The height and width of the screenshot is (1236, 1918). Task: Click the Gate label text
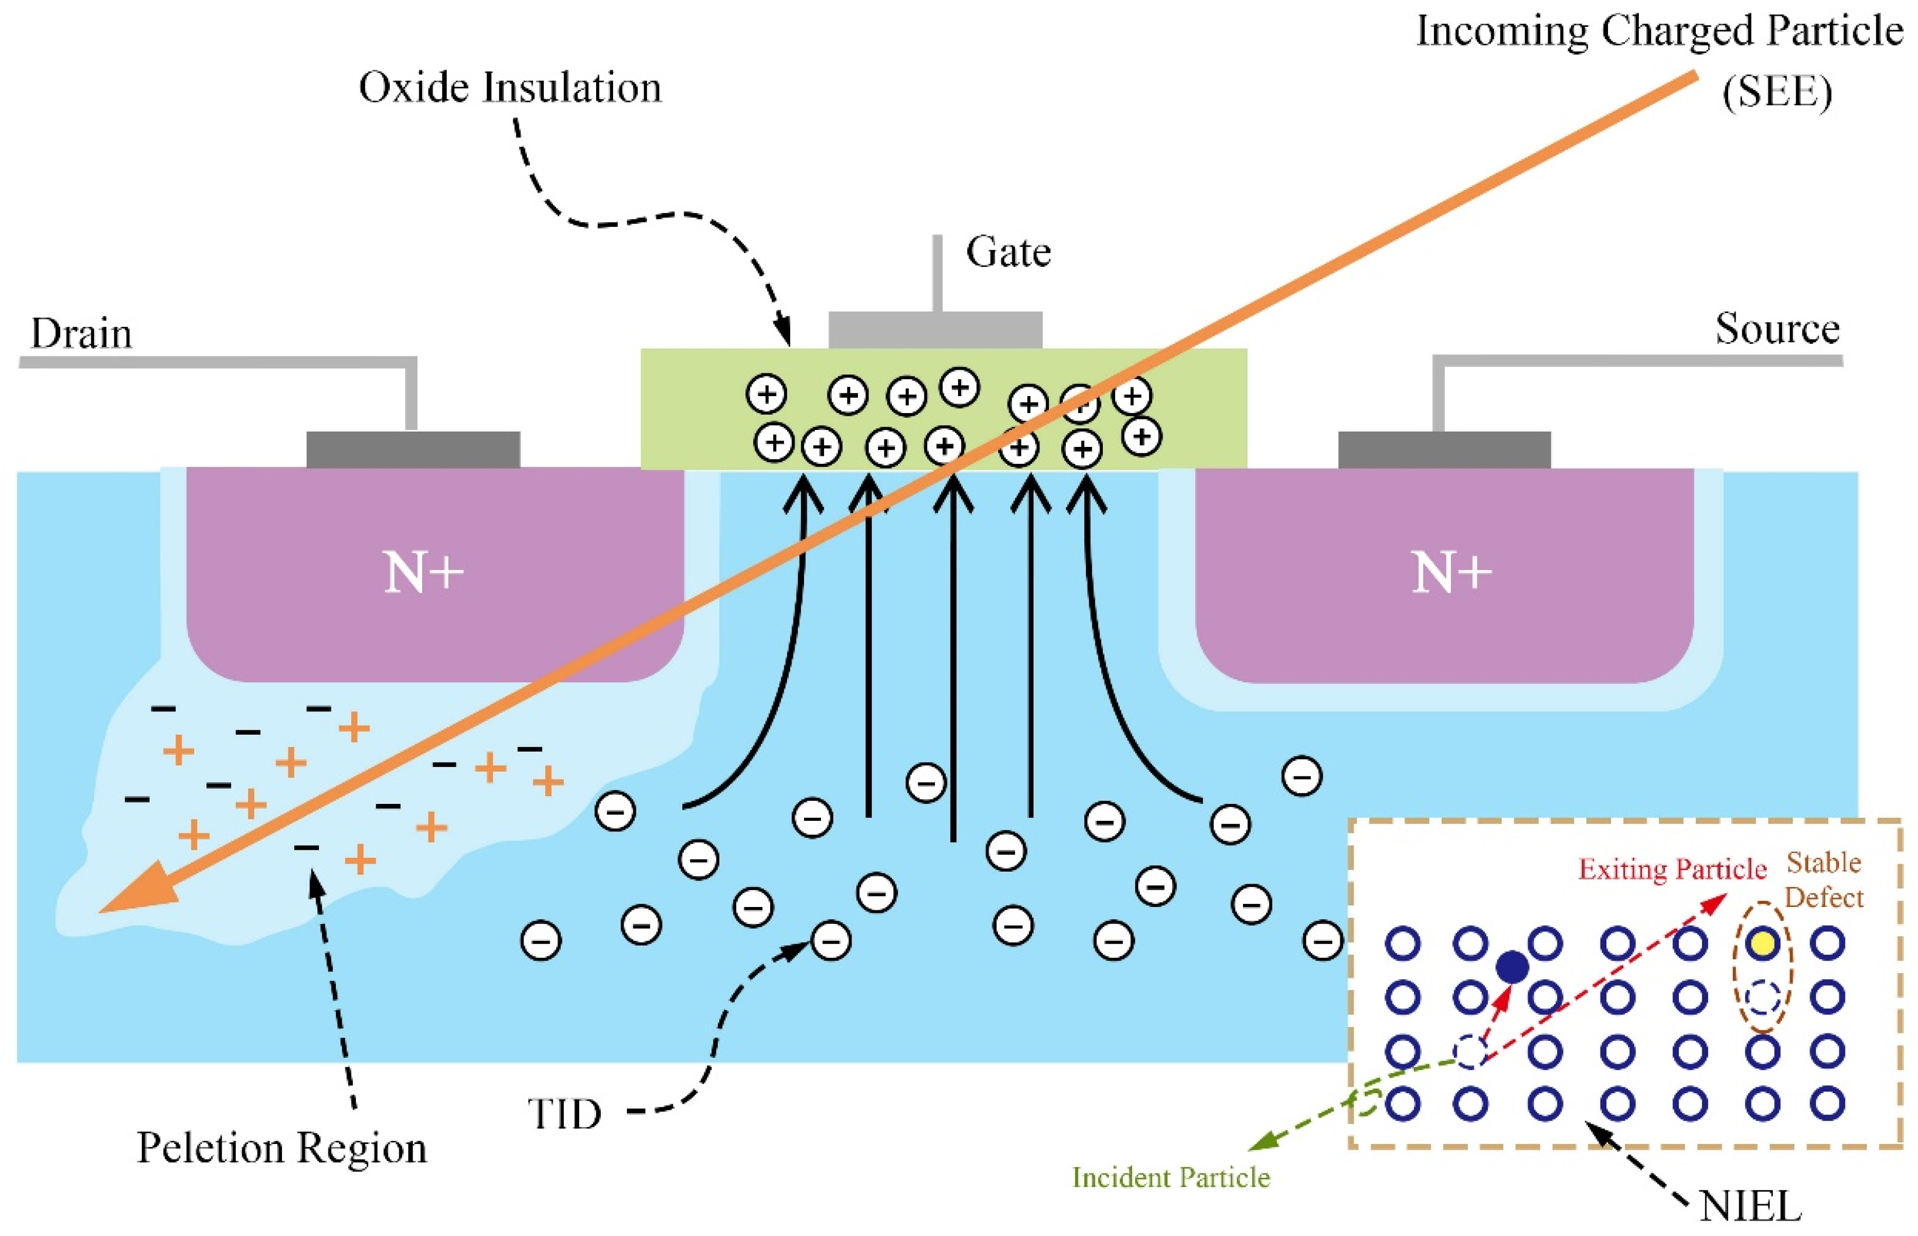coord(1008,253)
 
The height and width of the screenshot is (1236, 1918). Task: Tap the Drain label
coord(81,333)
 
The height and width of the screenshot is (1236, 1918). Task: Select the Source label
coord(1777,328)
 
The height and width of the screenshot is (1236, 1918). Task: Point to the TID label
coord(564,1114)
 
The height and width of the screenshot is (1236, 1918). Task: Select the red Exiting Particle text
coord(1673,869)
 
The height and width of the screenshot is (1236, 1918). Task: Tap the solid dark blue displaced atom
coord(1512,967)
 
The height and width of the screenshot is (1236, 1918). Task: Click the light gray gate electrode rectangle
coord(935,330)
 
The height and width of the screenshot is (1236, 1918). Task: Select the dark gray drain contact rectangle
coord(413,450)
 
